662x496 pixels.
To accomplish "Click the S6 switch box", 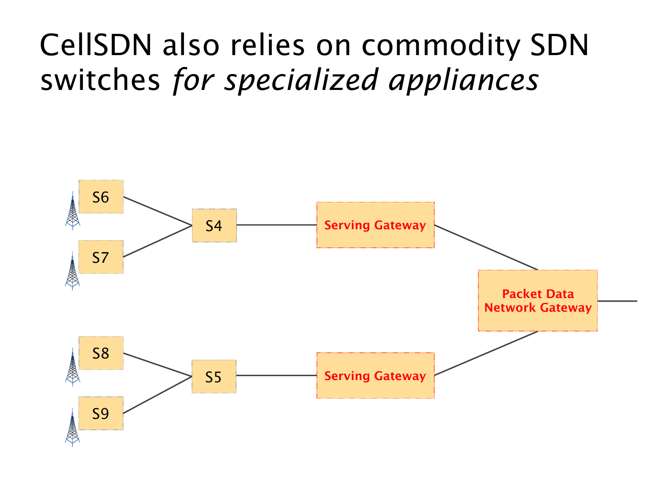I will pos(101,197).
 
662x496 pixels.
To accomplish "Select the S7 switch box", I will pos(101,257).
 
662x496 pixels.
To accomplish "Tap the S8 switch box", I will pos(101,353).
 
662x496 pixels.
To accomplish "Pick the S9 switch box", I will pos(101,413).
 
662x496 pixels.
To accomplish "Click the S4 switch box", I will pos(214,226).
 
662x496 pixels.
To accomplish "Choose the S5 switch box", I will pos(214,377).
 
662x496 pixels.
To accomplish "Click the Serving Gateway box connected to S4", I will pos(375,225).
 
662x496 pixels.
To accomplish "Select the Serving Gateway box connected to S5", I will pos(375,376).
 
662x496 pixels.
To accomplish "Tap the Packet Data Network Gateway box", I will pos(538,300).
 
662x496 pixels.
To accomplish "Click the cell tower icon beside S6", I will pos(72,212).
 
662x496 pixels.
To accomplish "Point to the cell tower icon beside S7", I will pos(72,272).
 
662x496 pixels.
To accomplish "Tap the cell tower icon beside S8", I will pos(72,368).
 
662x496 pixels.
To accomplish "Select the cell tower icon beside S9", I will pos(72,428).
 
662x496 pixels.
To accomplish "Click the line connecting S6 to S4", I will pos(158,211).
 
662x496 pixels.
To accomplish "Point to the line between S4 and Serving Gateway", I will pos(276,225).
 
